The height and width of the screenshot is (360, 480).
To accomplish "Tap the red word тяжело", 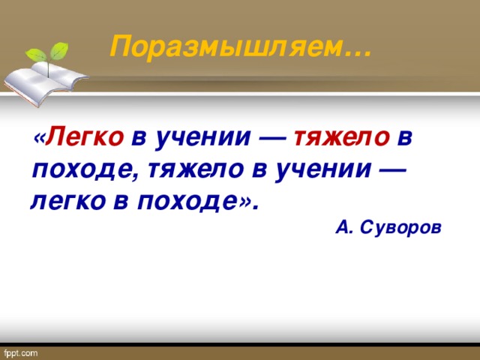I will (x=341, y=138).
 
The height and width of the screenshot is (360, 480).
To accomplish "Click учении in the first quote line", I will (x=202, y=138).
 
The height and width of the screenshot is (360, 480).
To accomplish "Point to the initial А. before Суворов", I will (x=345, y=227).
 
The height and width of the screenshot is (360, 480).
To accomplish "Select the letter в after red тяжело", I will (x=403, y=138).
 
